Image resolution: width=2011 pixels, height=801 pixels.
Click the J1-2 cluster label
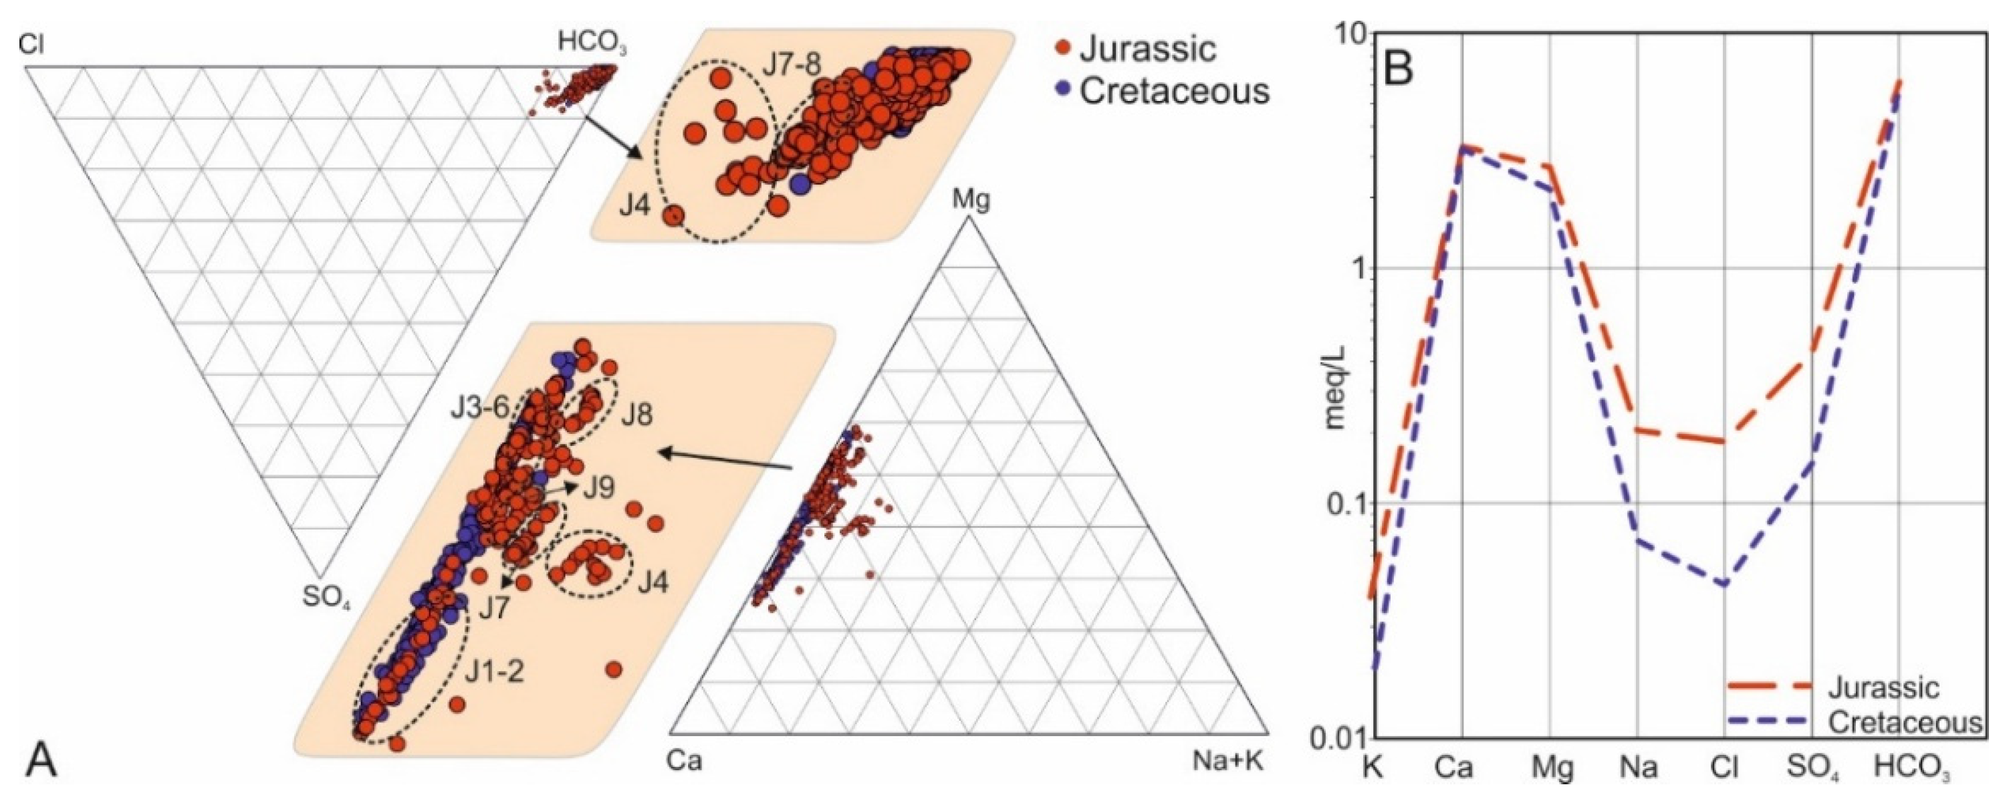pyautogui.click(x=495, y=673)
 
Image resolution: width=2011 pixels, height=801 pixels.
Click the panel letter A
pyautogui.click(x=41, y=763)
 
